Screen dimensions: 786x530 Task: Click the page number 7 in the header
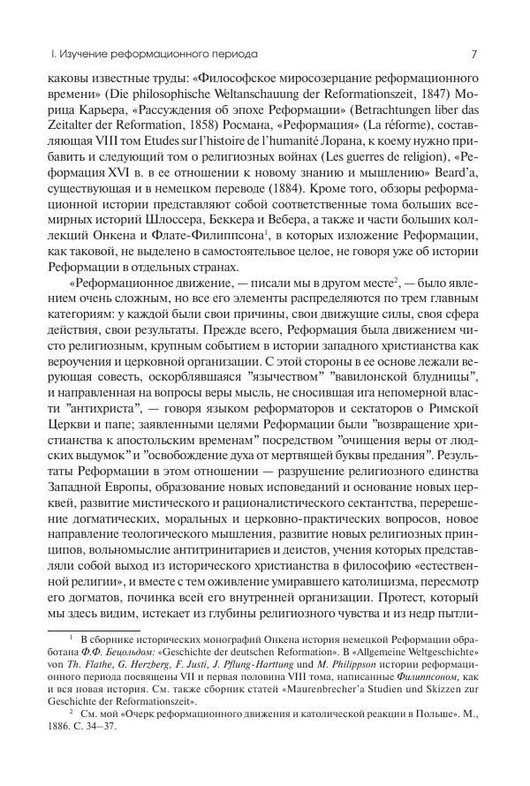coord(474,53)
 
